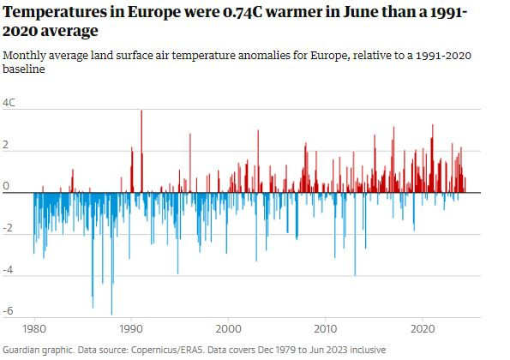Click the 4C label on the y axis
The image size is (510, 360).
point(9,103)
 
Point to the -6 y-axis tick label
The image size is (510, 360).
point(8,311)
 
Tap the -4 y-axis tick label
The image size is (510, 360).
point(8,270)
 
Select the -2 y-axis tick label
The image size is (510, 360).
point(8,228)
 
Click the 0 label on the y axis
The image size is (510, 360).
point(5,186)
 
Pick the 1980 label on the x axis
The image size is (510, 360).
point(34,329)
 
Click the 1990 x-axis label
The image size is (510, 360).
point(131,329)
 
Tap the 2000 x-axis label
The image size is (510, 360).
point(228,329)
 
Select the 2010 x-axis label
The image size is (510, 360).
point(325,329)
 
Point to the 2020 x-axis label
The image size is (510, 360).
point(423,329)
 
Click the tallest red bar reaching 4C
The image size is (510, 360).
point(141,151)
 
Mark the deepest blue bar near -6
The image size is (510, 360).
point(111,254)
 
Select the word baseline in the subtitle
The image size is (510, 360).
point(24,69)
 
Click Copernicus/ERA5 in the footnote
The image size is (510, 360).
point(167,351)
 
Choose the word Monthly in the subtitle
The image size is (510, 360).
point(24,56)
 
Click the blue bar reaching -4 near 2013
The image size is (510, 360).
point(355,234)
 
